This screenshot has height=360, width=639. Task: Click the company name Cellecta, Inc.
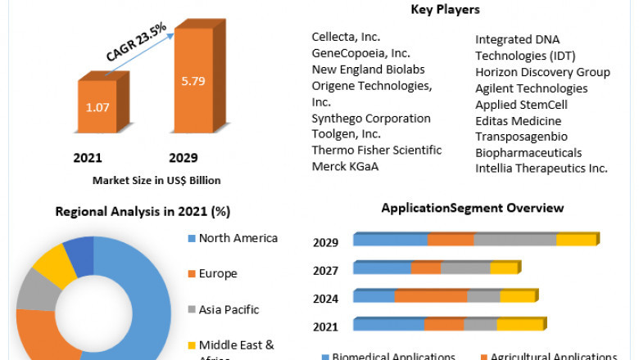(346, 37)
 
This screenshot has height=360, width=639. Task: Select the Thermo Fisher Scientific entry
(376, 151)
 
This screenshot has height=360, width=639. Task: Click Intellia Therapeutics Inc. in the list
(542, 168)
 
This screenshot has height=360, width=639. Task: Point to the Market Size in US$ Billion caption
(156, 180)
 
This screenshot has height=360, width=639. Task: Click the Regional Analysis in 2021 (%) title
(143, 212)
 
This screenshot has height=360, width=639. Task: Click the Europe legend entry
(217, 273)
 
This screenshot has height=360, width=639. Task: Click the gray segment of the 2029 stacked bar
(514, 240)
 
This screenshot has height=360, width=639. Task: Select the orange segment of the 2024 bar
(430, 296)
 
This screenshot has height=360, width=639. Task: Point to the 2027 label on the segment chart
(325, 270)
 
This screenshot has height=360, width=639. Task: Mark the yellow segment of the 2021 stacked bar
(519, 325)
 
